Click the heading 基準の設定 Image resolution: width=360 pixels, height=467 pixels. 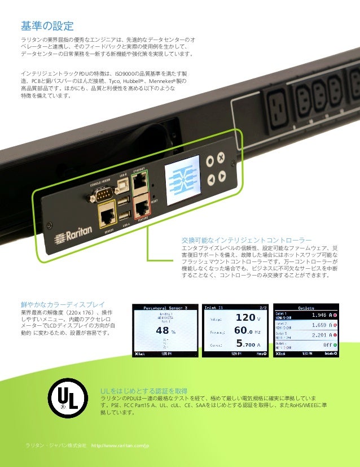coord(47,25)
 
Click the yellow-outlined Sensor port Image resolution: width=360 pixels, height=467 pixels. coord(107,215)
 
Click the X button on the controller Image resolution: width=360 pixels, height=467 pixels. coord(221,156)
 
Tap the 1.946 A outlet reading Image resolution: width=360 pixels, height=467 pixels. coord(319,316)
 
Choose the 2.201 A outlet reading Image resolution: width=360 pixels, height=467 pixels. coord(319,335)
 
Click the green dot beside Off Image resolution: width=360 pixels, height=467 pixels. coord(336,344)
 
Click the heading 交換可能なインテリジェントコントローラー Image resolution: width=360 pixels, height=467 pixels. coord(247,239)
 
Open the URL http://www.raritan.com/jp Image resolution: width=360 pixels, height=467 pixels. coord(120,446)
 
